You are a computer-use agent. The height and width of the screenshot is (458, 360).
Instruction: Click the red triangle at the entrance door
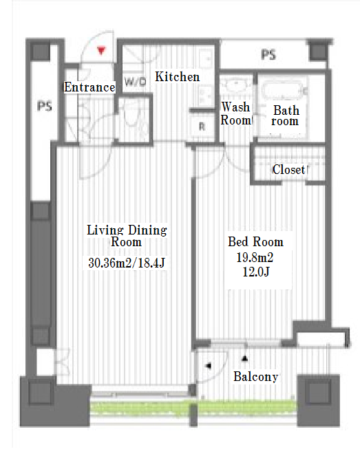tap(101, 51)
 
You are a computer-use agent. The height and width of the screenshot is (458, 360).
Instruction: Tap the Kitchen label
tap(177, 77)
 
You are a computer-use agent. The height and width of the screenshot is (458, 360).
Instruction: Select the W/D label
tap(135, 82)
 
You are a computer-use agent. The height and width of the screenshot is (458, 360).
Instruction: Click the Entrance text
tap(89, 87)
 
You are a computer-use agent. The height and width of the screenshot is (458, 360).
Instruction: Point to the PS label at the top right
tap(268, 54)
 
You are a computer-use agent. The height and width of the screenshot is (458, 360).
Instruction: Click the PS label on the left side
tap(45, 106)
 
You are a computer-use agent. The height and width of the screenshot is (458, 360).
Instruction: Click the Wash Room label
tap(235, 113)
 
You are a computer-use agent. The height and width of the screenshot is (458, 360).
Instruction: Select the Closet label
tap(289, 169)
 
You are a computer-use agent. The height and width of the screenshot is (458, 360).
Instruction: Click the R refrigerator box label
tap(202, 127)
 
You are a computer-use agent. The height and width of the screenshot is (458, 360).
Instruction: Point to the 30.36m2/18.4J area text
tap(127, 263)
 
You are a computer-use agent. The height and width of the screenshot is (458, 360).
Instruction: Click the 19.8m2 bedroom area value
tap(255, 257)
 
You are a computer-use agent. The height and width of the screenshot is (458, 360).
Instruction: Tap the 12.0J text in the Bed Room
tap(256, 272)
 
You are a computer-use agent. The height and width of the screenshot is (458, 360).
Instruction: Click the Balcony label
tap(255, 377)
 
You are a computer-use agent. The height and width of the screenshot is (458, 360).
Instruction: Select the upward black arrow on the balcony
tap(245, 358)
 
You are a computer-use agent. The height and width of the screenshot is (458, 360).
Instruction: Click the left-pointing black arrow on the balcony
tap(209, 366)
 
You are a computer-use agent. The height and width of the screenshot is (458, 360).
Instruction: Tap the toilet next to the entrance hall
tap(134, 117)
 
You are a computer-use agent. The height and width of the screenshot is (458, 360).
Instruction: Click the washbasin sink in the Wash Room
tap(236, 85)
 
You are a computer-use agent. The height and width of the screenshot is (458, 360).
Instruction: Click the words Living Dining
tap(127, 230)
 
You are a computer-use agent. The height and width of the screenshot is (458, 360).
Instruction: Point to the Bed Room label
tap(255, 242)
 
